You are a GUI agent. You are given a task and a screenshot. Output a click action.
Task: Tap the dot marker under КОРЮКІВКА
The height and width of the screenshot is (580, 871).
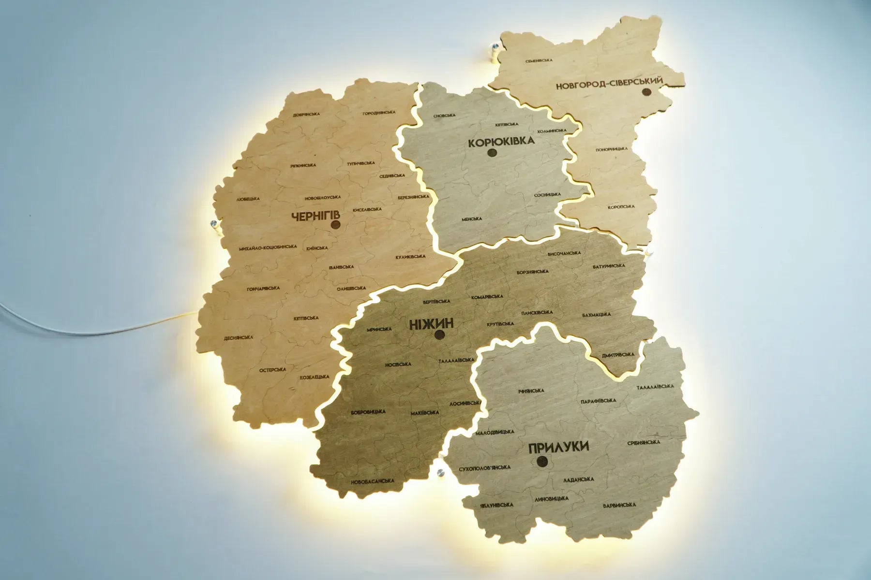pos(493,153)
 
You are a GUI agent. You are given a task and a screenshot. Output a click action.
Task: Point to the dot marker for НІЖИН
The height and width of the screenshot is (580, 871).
pos(440,334)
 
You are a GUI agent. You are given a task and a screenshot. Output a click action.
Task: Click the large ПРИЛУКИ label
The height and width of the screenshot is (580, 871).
pos(559,447)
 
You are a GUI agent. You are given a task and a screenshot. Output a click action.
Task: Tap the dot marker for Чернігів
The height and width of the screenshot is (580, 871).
pos(335,224)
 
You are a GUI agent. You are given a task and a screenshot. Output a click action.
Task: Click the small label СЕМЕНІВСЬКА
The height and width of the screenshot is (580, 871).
pos(539,61)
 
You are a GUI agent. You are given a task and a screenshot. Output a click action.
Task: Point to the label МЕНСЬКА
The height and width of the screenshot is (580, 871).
pos(472,218)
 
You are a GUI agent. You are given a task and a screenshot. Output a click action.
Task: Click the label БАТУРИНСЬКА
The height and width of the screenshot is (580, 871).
pos(609,266)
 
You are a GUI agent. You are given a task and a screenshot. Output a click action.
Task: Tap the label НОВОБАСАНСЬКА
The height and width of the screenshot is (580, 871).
pos(373,481)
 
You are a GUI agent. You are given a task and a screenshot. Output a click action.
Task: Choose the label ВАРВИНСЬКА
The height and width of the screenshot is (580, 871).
pos(619,505)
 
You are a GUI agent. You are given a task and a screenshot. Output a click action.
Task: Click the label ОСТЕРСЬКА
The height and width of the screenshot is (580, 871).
pos(272,370)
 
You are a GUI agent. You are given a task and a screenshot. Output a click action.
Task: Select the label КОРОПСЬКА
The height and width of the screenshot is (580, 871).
pos(621,207)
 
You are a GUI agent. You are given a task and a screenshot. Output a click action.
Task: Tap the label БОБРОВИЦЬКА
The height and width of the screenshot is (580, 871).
pos(368,412)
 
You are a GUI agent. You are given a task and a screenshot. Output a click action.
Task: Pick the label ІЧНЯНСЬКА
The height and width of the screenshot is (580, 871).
pos(530,391)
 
